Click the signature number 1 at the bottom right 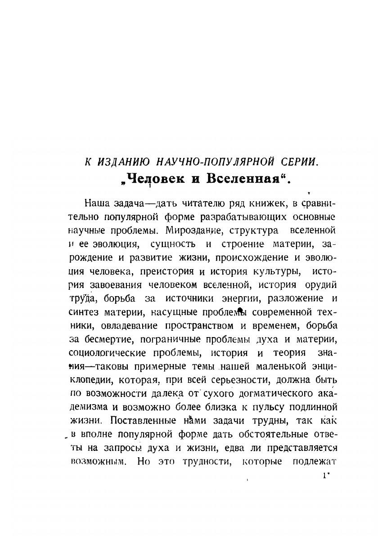pyautogui.click(x=324, y=476)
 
